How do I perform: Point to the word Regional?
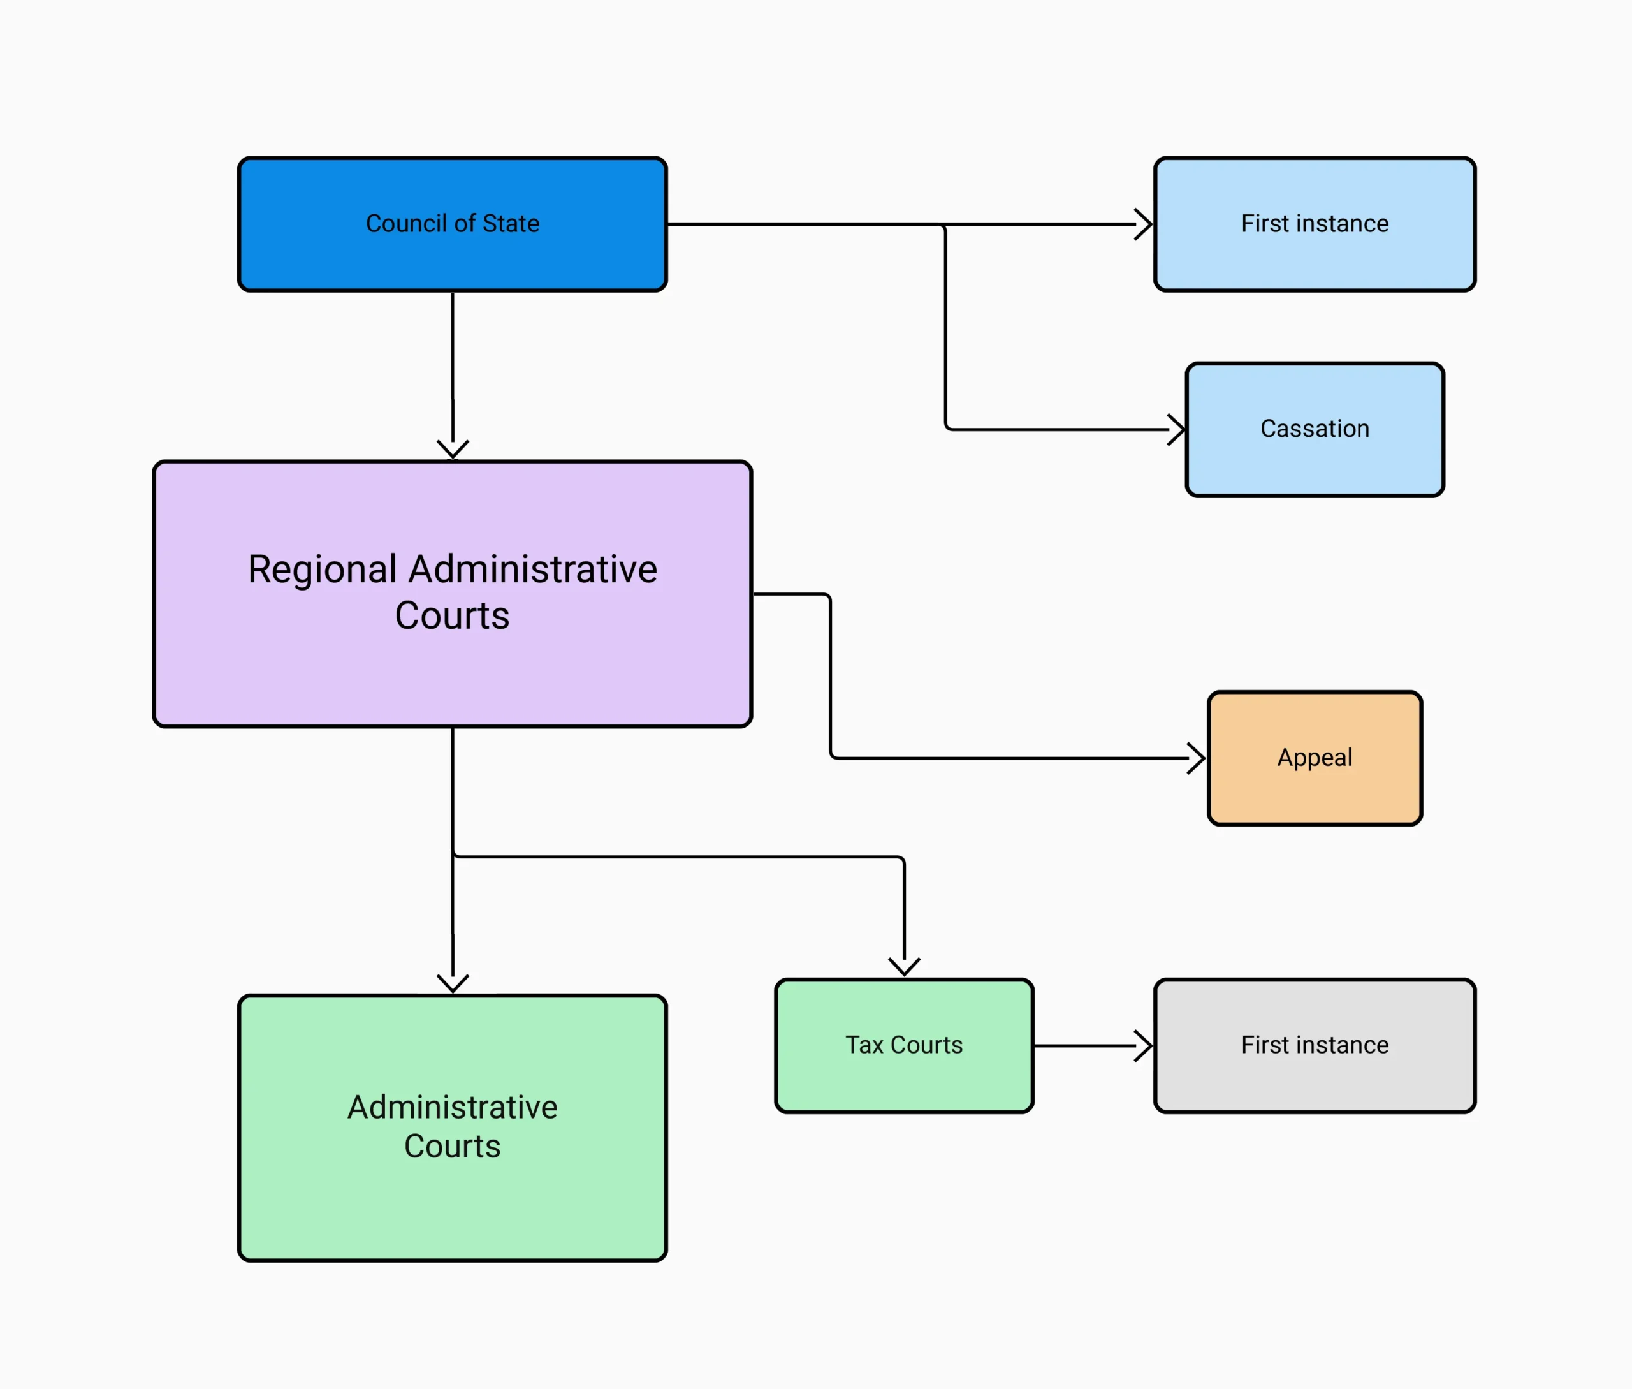coord(322,570)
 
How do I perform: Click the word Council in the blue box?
coord(407,224)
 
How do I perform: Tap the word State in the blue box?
coord(511,224)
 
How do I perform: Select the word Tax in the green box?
coord(864,1045)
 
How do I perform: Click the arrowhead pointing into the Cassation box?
coord(1176,430)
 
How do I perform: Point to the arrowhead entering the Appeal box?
coord(1197,758)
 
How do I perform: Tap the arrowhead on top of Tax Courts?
coord(904,967)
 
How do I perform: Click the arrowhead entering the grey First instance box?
coord(1144,1046)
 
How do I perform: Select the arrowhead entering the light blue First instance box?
coord(1144,224)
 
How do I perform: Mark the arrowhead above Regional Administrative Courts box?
coord(453,449)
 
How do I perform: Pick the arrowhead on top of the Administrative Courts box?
coord(453,983)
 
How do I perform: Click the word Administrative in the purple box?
coord(532,570)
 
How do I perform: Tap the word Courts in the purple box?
coord(452,616)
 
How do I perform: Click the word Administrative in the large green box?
coord(452,1107)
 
